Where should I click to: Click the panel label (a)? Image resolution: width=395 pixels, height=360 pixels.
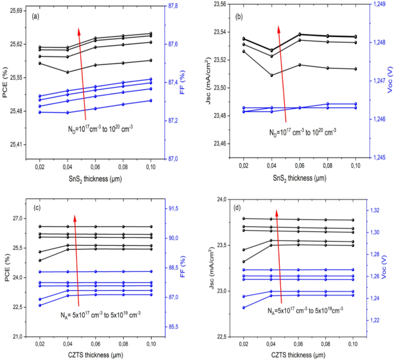35,16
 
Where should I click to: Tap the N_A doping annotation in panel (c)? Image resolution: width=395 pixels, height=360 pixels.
101,314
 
